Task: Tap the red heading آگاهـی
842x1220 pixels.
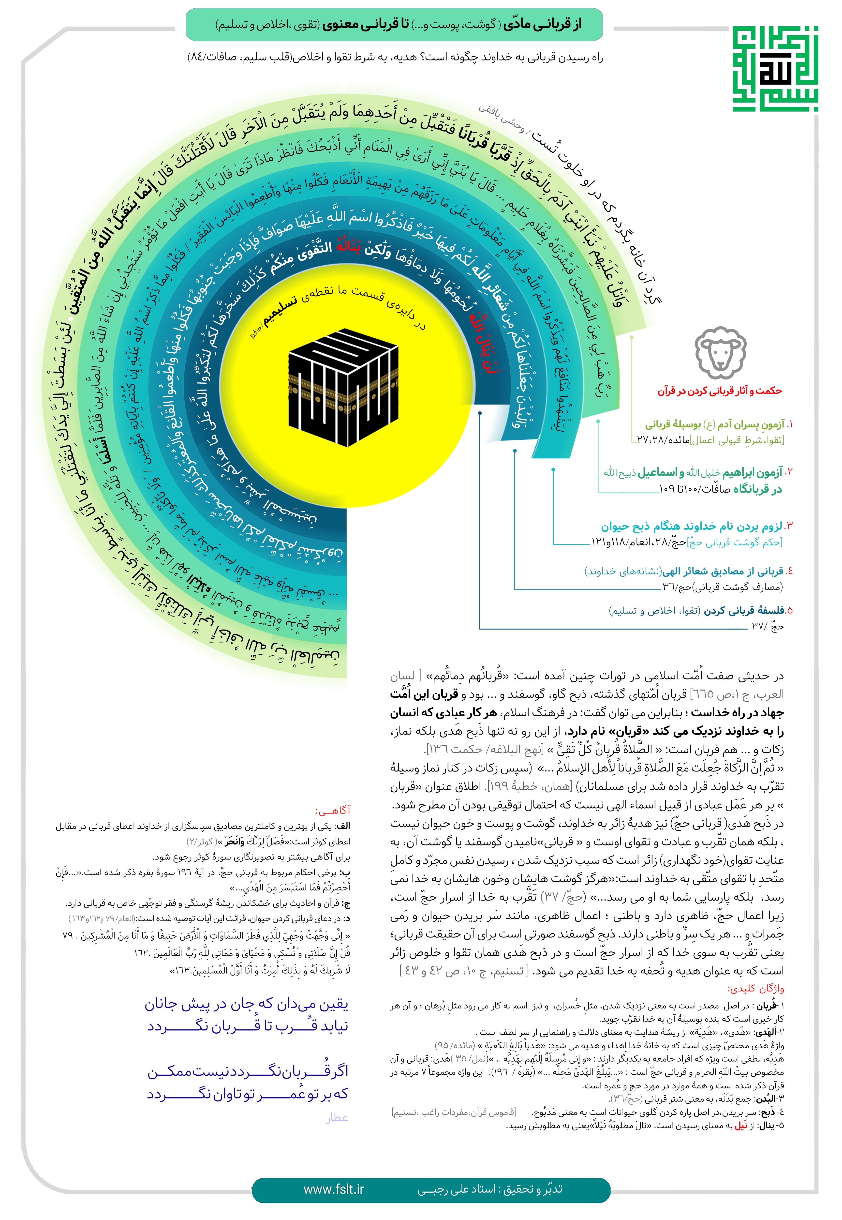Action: coord(332,810)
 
